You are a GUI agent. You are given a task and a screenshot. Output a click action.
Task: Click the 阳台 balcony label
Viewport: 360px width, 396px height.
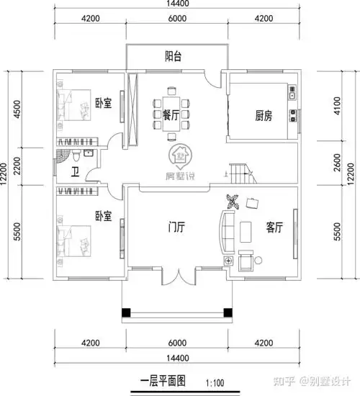173,55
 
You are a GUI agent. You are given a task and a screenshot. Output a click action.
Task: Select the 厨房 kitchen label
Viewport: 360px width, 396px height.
264,115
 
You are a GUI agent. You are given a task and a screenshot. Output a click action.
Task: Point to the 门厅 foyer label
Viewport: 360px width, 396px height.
176,227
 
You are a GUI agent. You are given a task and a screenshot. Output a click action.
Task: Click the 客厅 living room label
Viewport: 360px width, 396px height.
274,227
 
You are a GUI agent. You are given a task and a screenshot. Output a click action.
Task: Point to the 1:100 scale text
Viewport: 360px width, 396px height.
216,384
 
